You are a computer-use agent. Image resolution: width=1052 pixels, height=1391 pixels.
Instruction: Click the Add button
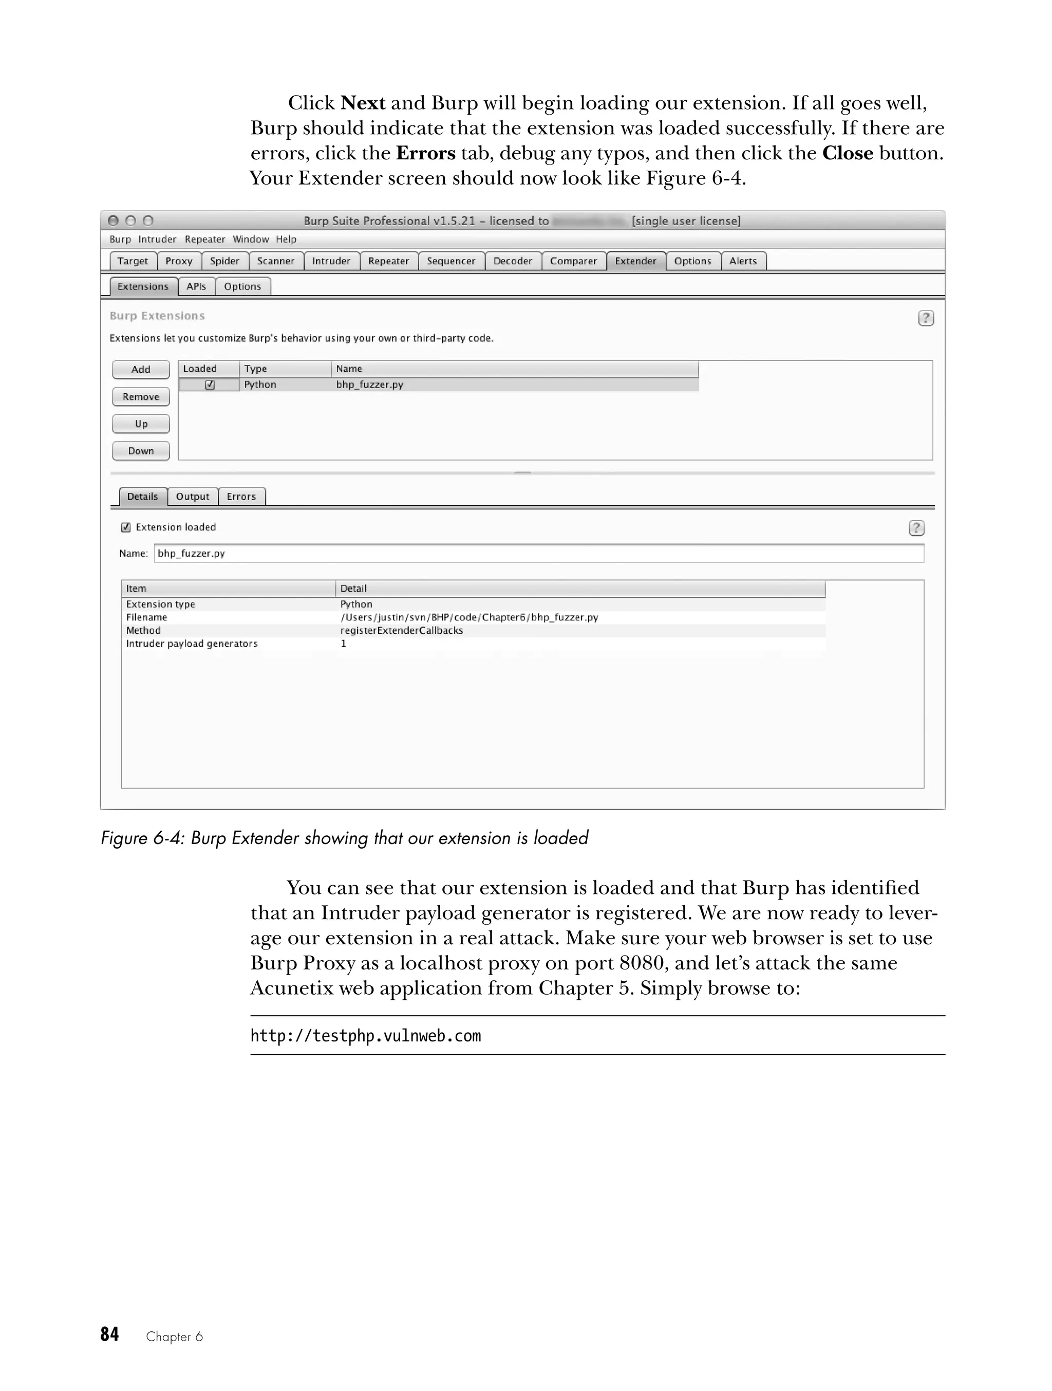(x=141, y=369)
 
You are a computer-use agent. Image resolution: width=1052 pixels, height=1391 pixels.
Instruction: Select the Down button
(x=141, y=451)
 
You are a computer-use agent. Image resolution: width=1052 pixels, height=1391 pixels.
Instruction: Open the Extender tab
(x=635, y=261)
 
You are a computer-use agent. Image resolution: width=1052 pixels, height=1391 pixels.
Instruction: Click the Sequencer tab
(x=450, y=261)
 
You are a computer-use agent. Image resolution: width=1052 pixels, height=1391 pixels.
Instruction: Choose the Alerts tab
(x=743, y=261)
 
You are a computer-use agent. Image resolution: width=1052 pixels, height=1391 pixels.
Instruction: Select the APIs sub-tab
(x=196, y=286)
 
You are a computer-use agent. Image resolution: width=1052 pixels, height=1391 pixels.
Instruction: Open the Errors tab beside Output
(x=241, y=496)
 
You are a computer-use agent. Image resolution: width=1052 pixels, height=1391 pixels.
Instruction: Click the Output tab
(x=192, y=496)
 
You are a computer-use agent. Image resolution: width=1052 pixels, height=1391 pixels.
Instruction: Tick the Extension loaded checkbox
(x=126, y=527)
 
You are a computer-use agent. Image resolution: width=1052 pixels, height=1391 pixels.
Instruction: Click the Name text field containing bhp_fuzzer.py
(x=538, y=554)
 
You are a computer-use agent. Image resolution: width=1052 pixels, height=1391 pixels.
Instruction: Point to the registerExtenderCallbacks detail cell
(x=402, y=630)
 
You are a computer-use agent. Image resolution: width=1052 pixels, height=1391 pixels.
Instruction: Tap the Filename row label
(x=146, y=617)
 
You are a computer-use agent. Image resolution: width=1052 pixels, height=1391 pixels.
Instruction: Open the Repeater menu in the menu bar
(x=205, y=239)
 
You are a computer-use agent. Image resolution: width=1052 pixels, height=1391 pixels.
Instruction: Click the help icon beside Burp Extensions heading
(x=926, y=318)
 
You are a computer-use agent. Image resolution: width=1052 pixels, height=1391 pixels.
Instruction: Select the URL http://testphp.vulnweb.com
(x=366, y=1036)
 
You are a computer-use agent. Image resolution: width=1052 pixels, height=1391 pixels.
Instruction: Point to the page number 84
(x=109, y=1334)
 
